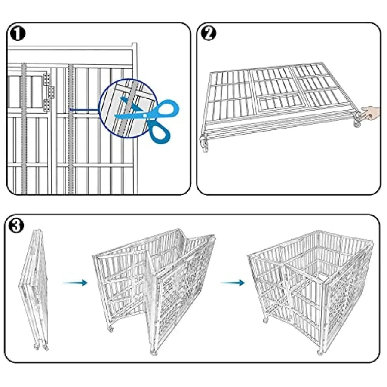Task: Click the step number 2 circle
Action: (208, 34)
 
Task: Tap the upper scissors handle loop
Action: (165, 109)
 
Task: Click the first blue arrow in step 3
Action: (75, 283)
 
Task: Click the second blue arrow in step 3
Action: (232, 283)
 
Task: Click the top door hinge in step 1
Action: (46, 79)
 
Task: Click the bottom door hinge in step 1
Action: (46, 104)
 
